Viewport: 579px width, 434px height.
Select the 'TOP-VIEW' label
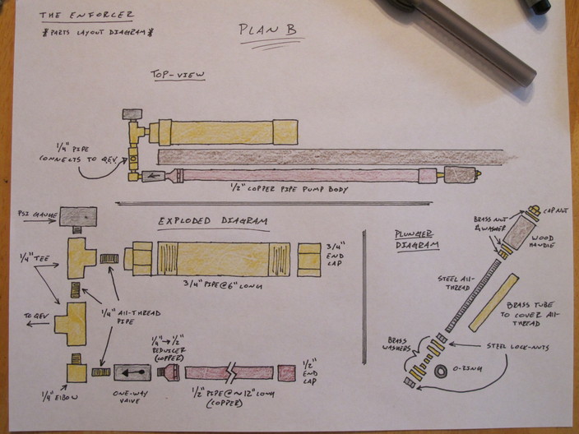[178, 75]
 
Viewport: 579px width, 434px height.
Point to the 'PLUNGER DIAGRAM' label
[416, 238]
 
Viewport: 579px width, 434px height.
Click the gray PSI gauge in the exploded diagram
[80, 216]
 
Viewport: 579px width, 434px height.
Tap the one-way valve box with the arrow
[132, 372]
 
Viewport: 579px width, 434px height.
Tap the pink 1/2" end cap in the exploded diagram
[286, 372]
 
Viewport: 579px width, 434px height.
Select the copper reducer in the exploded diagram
[169, 372]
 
